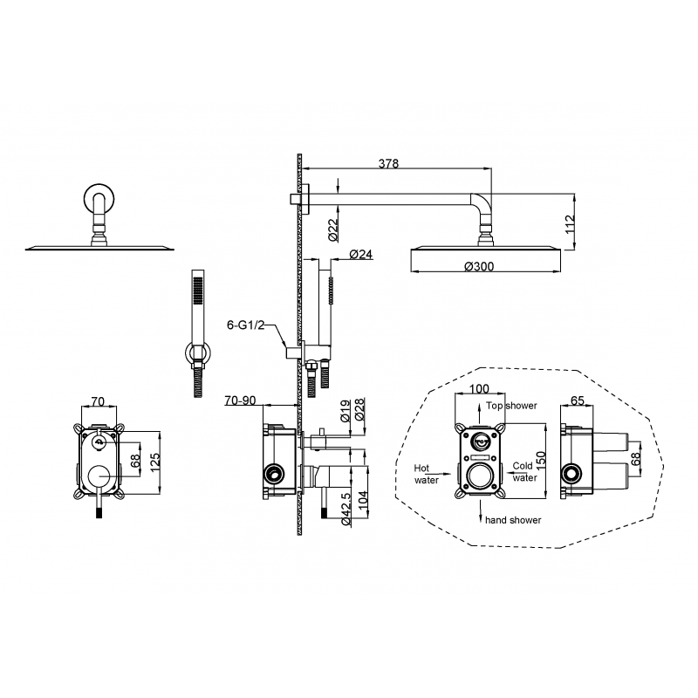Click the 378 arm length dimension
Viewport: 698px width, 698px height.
pos(388,163)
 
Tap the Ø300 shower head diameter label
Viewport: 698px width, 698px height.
pos(479,266)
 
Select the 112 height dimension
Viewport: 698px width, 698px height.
pos(570,225)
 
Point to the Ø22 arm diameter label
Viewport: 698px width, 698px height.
pos(333,229)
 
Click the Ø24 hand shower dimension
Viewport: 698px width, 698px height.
pos(360,254)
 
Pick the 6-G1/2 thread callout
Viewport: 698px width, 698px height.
pos(246,325)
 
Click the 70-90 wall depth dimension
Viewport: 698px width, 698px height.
pos(241,400)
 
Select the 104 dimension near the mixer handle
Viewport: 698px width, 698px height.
pos(363,501)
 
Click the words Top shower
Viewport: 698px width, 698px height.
pos(511,406)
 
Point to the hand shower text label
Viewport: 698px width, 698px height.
pos(513,520)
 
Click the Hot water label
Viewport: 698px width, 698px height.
pos(426,474)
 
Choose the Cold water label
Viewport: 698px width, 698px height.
pos(524,472)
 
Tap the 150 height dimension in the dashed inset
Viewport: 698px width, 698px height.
pos(540,462)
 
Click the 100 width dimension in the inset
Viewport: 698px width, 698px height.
pos(479,388)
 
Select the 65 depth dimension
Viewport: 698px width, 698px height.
pos(578,400)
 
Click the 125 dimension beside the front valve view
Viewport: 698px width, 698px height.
pos(155,463)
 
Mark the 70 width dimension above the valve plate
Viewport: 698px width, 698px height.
pos(98,401)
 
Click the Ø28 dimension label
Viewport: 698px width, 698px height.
pos(359,410)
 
